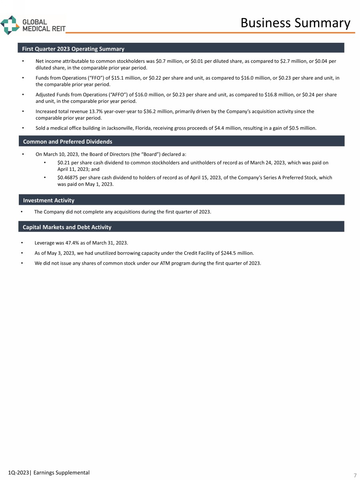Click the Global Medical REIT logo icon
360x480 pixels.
click(10, 25)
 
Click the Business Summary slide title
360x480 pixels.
click(295, 23)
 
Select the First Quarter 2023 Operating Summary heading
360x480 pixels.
click(74, 49)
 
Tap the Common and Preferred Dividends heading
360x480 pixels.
click(68, 142)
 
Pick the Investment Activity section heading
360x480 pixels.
click(49, 200)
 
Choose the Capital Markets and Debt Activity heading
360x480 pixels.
click(67, 227)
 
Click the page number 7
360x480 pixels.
click(354, 475)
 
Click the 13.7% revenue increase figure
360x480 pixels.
click(90, 111)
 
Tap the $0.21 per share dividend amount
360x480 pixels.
click(64, 163)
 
